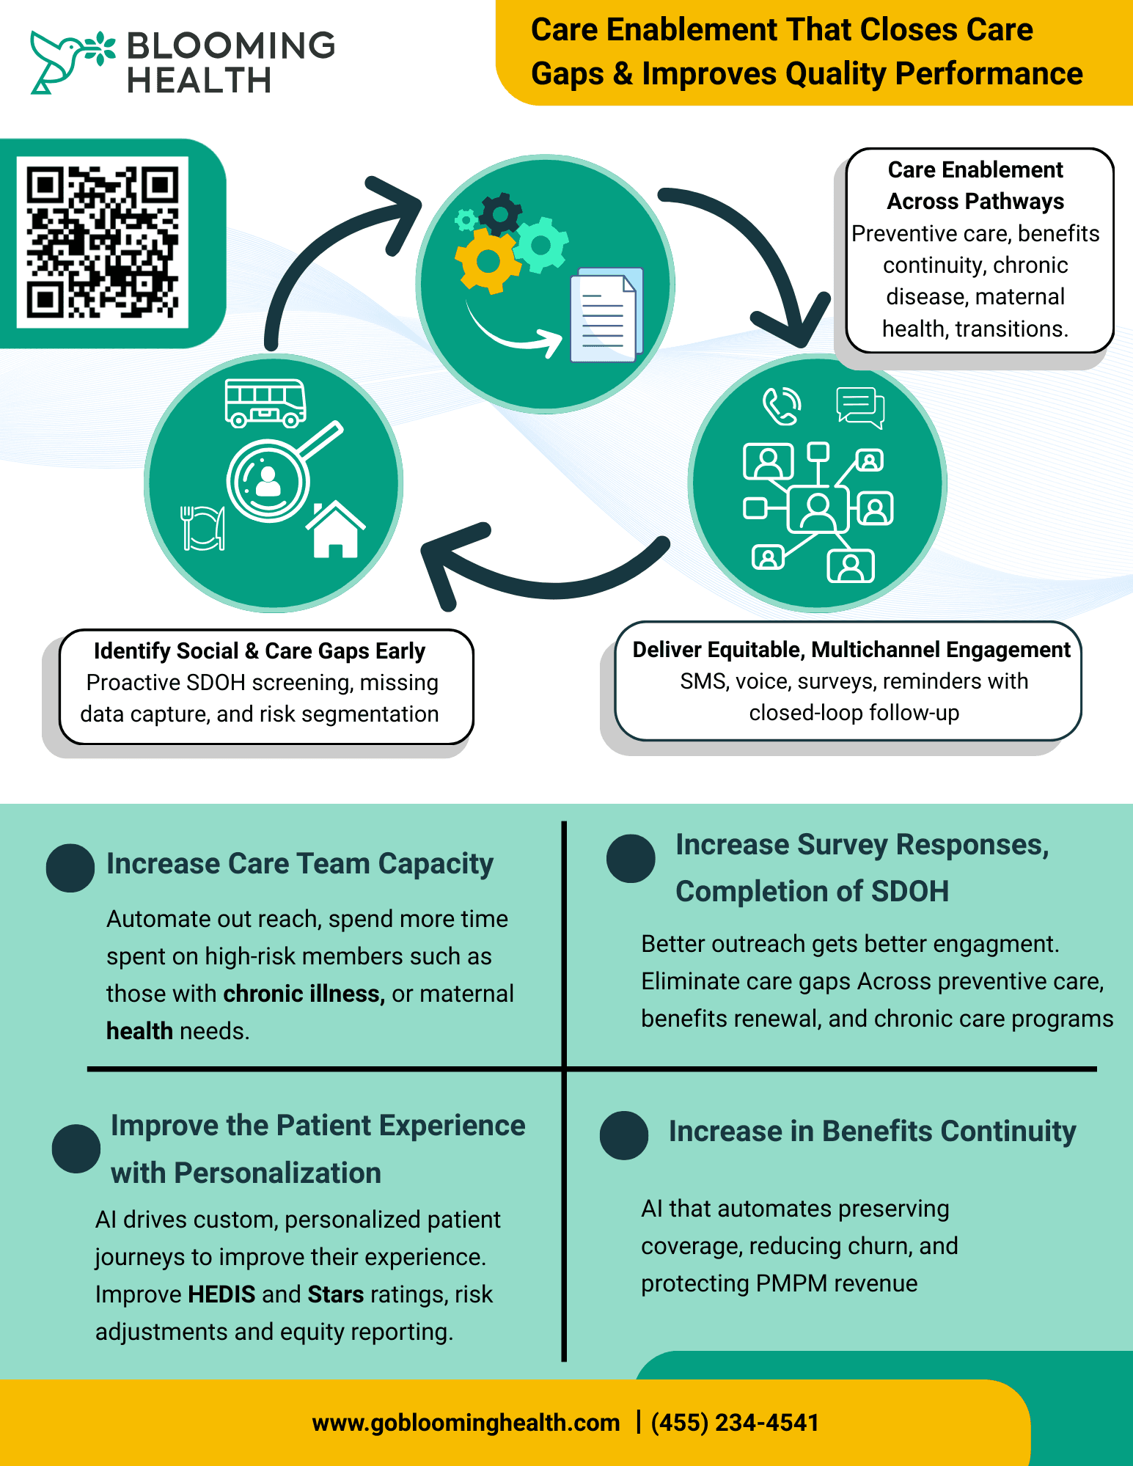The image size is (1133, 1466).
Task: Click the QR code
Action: point(103,242)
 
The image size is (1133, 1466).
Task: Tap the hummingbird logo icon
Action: point(62,62)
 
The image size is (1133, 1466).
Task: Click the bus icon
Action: point(265,403)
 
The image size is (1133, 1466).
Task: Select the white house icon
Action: point(335,529)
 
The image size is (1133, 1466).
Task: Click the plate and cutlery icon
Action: point(202,527)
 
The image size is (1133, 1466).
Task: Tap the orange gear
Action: point(487,260)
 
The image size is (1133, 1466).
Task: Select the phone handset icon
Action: point(781,406)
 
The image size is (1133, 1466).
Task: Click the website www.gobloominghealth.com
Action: point(466,1423)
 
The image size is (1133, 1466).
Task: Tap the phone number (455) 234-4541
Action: point(735,1423)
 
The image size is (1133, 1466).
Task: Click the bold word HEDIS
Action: point(221,1294)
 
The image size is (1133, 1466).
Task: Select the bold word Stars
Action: point(336,1294)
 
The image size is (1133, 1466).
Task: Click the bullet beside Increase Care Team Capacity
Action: point(70,868)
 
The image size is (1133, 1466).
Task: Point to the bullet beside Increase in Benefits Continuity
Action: point(624,1135)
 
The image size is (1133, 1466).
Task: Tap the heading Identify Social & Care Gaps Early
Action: point(260,651)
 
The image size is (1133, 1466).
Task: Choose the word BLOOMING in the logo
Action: point(231,45)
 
